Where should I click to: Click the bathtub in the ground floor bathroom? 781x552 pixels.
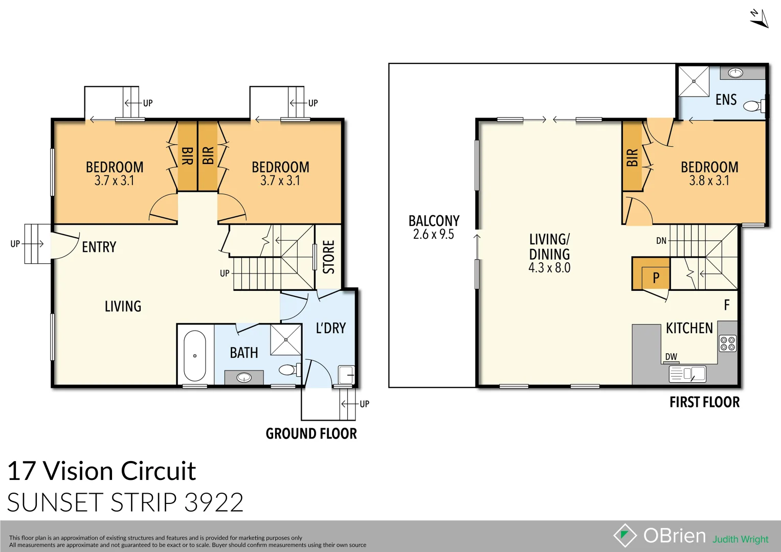(x=195, y=356)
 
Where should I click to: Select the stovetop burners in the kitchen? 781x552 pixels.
(x=728, y=343)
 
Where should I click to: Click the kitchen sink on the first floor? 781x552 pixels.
(x=688, y=374)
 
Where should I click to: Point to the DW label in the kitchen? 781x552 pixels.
(x=671, y=357)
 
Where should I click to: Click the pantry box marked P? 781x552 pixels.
(x=655, y=278)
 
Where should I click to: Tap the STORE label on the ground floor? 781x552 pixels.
(x=329, y=257)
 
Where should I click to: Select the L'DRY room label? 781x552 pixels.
(x=330, y=328)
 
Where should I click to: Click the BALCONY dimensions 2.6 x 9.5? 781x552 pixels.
(x=433, y=235)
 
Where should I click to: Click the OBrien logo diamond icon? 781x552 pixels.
(x=625, y=535)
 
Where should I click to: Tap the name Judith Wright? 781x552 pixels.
(x=741, y=539)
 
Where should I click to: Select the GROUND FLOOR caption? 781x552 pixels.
(x=311, y=433)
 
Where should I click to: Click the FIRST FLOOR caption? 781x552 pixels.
(x=704, y=402)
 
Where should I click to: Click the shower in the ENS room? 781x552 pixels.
(x=694, y=81)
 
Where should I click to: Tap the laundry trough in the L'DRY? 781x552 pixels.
(x=346, y=375)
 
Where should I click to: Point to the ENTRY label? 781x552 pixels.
(x=99, y=247)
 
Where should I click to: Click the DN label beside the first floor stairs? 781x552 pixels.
(x=661, y=241)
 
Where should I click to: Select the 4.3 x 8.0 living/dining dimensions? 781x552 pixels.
(x=549, y=268)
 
